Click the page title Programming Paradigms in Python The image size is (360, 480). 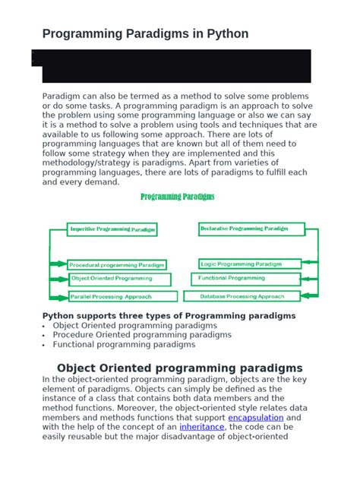tap(144, 34)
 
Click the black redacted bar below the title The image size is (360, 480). tap(172, 65)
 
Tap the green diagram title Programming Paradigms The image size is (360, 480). tap(178, 197)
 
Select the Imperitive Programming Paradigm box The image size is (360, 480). tap(112, 229)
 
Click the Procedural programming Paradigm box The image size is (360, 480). tap(117, 265)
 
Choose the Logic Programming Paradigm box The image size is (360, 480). tap(241, 264)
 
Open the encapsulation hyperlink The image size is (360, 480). tap(256, 418)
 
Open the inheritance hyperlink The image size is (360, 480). tap(202, 427)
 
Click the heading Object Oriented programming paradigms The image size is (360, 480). tap(180, 368)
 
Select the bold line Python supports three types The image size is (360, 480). tap(169, 315)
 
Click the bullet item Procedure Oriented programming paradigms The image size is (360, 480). tap(142, 334)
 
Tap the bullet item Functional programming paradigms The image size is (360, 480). tap(124, 344)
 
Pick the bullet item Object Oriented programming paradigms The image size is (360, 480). tap(134, 325)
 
